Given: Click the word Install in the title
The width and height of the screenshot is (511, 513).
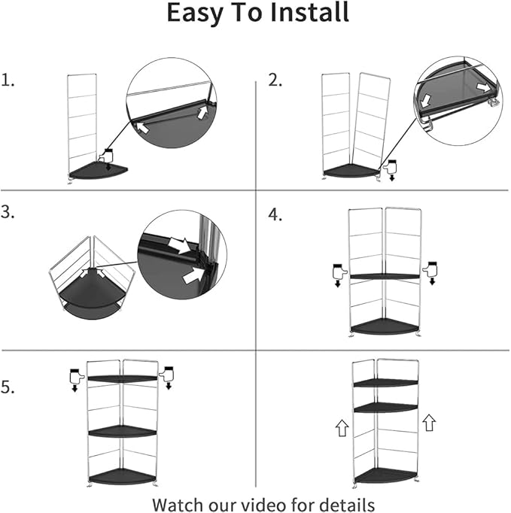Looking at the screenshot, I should click(x=301, y=14).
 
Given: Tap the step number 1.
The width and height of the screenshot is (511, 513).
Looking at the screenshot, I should click(x=8, y=80).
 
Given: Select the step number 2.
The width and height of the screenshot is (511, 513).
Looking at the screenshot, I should click(x=275, y=80).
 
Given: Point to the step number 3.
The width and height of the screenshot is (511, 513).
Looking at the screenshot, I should click(x=8, y=213).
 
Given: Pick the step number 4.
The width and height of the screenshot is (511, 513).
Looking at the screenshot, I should click(x=275, y=215).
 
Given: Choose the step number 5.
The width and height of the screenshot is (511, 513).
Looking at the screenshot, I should click(x=8, y=388).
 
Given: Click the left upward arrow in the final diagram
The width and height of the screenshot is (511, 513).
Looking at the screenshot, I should click(x=342, y=429).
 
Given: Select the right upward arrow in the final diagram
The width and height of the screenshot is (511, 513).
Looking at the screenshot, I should click(x=429, y=423).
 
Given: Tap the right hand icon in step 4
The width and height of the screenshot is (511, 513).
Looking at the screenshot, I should click(x=432, y=269).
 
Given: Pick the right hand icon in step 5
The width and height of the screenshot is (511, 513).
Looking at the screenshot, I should click(x=167, y=372).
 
